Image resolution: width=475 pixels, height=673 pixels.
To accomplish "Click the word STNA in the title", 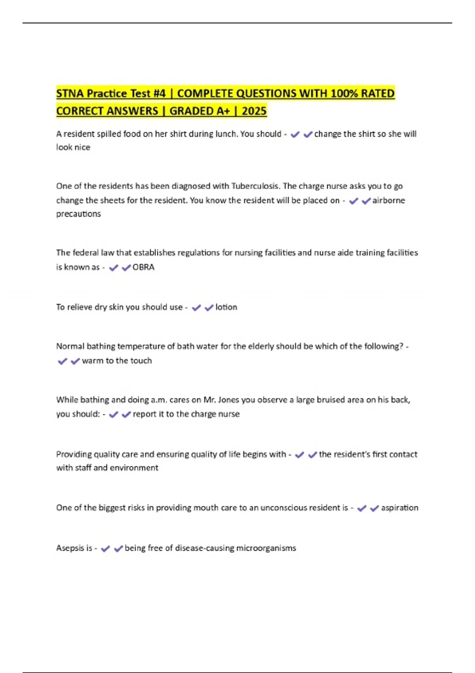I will tap(70, 93).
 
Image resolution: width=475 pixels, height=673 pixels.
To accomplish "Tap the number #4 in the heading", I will tap(159, 93).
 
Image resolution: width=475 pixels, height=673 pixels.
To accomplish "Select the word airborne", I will tap(388, 200).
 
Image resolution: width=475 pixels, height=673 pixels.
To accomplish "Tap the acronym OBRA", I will tap(143, 267).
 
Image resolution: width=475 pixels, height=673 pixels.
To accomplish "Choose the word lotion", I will tap(226, 307).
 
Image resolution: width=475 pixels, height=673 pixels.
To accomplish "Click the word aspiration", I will tap(399, 508).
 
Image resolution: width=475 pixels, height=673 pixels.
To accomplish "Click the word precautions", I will tap(78, 214).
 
